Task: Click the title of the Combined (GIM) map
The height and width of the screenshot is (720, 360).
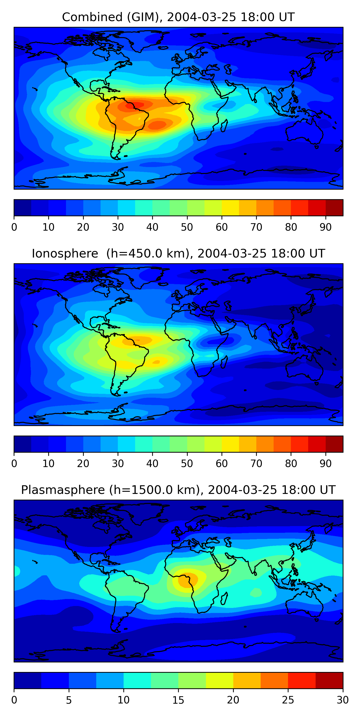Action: [178, 17]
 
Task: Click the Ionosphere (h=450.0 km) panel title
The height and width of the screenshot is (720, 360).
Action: [178, 253]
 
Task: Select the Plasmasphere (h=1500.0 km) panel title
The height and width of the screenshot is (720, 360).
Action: [178, 490]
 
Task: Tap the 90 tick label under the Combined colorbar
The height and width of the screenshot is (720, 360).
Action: [326, 227]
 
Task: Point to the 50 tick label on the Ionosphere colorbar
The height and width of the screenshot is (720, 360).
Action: [187, 463]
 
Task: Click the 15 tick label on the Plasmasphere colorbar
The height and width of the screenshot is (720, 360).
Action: [178, 700]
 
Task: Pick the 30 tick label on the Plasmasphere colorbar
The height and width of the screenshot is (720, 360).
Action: [343, 700]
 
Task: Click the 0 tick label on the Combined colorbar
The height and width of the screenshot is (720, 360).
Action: [14, 227]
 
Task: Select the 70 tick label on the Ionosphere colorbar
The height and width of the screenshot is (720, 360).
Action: [256, 463]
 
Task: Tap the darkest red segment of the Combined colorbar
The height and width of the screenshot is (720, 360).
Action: [334, 208]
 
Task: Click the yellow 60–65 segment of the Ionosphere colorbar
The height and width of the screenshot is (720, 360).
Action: [230, 444]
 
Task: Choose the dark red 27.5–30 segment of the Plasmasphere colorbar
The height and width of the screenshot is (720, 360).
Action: [329, 681]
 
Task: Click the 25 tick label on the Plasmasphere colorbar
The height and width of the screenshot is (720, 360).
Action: [288, 700]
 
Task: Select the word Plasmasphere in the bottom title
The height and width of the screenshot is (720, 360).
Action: [63, 490]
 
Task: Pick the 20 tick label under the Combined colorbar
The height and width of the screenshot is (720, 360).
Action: [83, 227]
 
